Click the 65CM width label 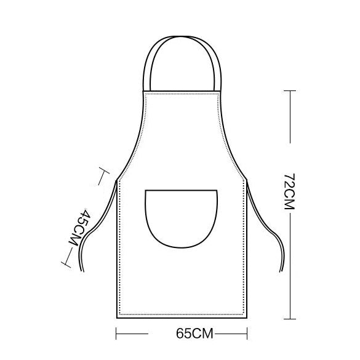[x=194, y=335]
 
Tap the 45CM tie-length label [x=81, y=229]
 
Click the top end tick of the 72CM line [x=289, y=90]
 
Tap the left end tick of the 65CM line [x=117, y=335]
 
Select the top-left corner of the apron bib [x=144, y=90]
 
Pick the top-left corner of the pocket [x=145, y=191]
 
